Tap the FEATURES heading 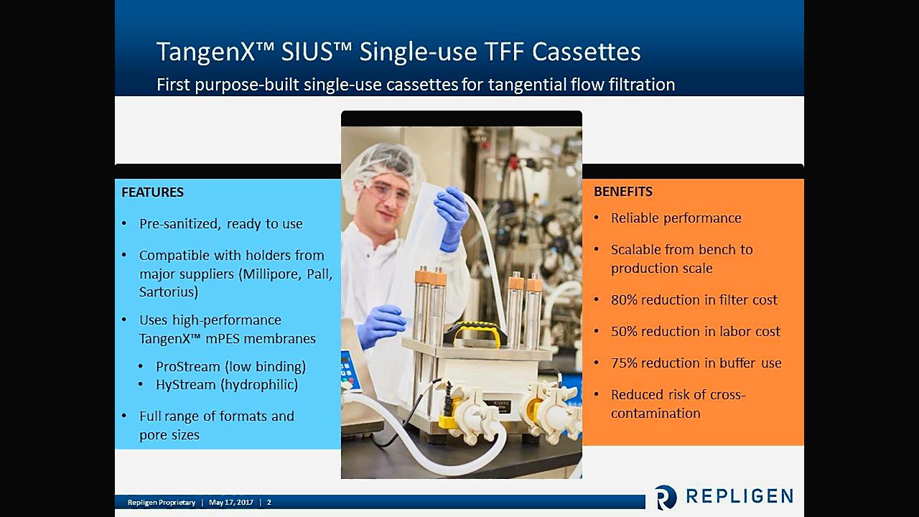(x=153, y=192)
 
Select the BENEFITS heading (x=622, y=192)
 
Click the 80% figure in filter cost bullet (x=623, y=300)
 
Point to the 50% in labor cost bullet (x=623, y=332)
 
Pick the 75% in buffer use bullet (x=623, y=363)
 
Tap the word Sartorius (x=169, y=292)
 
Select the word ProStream (x=188, y=367)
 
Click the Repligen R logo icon (x=665, y=497)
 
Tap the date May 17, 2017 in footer (x=231, y=502)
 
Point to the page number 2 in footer (x=269, y=502)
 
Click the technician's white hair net (x=381, y=165)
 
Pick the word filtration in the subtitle (x=642, y=85)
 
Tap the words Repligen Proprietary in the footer (x=162, y=503)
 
